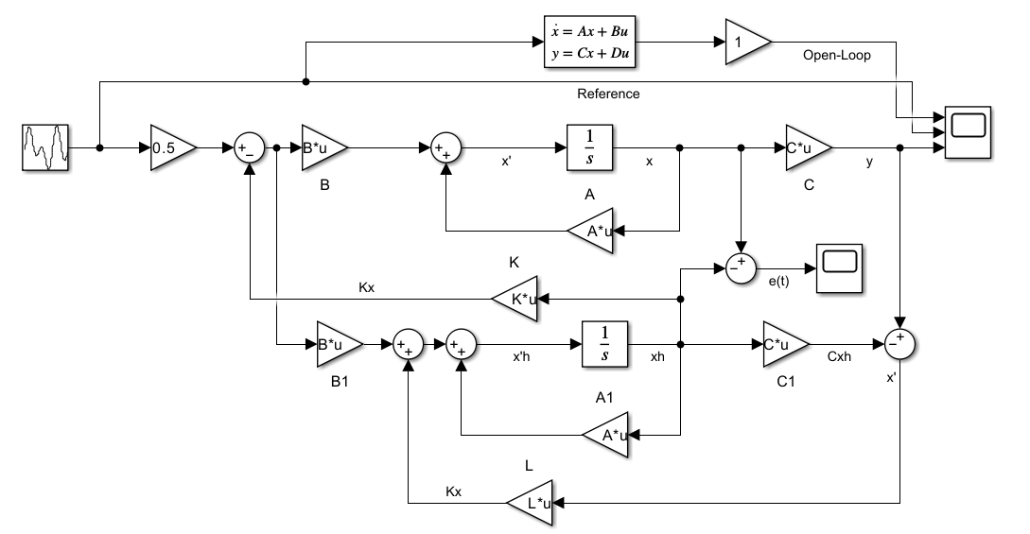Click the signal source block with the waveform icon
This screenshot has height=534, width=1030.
tap(44, 147)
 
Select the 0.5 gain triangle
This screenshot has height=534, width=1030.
tap(173, 147)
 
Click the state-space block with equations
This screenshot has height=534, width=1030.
tap(590, 42)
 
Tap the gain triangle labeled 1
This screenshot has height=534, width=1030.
tap(748, 42)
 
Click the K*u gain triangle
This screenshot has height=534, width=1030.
tap(515, 299)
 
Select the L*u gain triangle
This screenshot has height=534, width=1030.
tap(530, 503)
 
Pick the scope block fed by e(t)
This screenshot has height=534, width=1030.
tap(839, 267)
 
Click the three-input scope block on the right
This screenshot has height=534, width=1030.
tap(968, 132)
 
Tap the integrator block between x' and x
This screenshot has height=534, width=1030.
tap(589, 147)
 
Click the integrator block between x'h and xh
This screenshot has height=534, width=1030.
tap(604, 344)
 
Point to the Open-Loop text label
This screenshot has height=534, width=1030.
tap(836, 55)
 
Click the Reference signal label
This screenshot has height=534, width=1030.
tap(608, 94)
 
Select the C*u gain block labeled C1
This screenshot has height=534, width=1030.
tap(786, 344)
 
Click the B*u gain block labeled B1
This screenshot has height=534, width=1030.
tap(339, 344)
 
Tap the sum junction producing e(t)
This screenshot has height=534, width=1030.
tap(741, 268)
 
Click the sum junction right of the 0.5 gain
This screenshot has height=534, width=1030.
tap(250, 148)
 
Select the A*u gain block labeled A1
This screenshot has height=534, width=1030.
tap(605, 434)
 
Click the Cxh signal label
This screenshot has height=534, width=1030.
tap(839, 356)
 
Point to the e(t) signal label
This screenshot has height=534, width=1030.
tap(779, 282)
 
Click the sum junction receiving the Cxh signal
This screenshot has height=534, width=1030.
tap(899, 344)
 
